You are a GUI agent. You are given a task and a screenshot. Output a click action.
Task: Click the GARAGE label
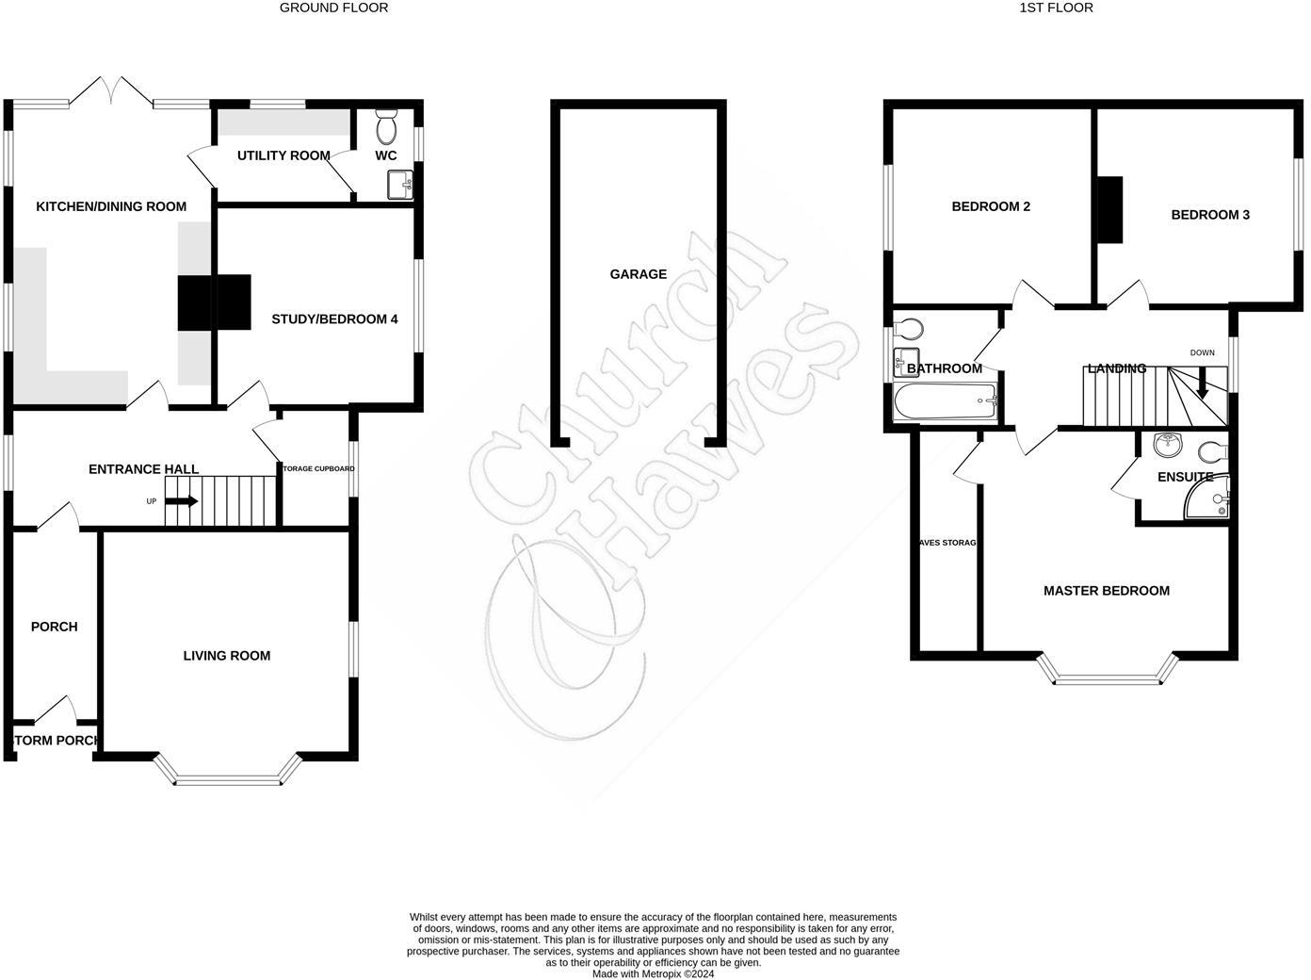[x=638, y=274]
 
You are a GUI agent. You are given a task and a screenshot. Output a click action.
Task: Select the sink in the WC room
[x=399, y=185]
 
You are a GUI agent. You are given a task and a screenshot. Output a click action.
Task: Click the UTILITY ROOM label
[x=283, y=155]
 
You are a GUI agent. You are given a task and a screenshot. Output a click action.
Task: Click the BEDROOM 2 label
[x=991, y=206]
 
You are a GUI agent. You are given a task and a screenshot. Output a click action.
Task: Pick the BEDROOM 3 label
[x=1210, y=215]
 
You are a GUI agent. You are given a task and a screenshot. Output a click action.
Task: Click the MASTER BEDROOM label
[x=1107, y=591]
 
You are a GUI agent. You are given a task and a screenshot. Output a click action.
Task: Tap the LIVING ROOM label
[x=227, y=656]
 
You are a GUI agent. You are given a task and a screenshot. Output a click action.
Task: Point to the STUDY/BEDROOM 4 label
[x=334, y=319]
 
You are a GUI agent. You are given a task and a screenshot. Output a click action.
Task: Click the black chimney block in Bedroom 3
[x=1112, y=210]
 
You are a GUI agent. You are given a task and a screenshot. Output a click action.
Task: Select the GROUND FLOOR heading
[x=334, y=8]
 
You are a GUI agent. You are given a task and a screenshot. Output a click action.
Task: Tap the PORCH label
[x=55, y=627]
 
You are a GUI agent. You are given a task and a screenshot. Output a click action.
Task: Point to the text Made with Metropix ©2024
[x=653, y=973]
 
